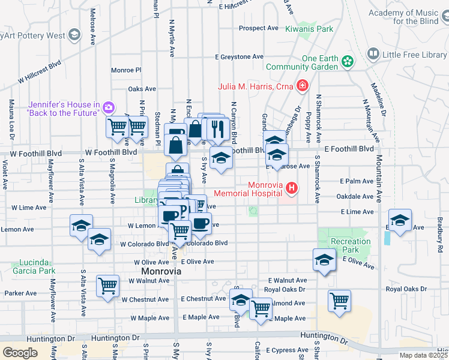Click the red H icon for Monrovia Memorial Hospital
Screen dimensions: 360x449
(292, 188)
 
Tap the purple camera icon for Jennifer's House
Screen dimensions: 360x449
(109, 107)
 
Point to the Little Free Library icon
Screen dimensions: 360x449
(372, 55)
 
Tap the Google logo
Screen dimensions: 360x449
(20, 353)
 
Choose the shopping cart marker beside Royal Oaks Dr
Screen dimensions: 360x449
(339, 300)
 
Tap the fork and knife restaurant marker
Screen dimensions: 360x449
(215, 128)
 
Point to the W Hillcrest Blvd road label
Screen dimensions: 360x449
(40, 71)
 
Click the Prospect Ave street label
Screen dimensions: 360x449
(259, 28)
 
